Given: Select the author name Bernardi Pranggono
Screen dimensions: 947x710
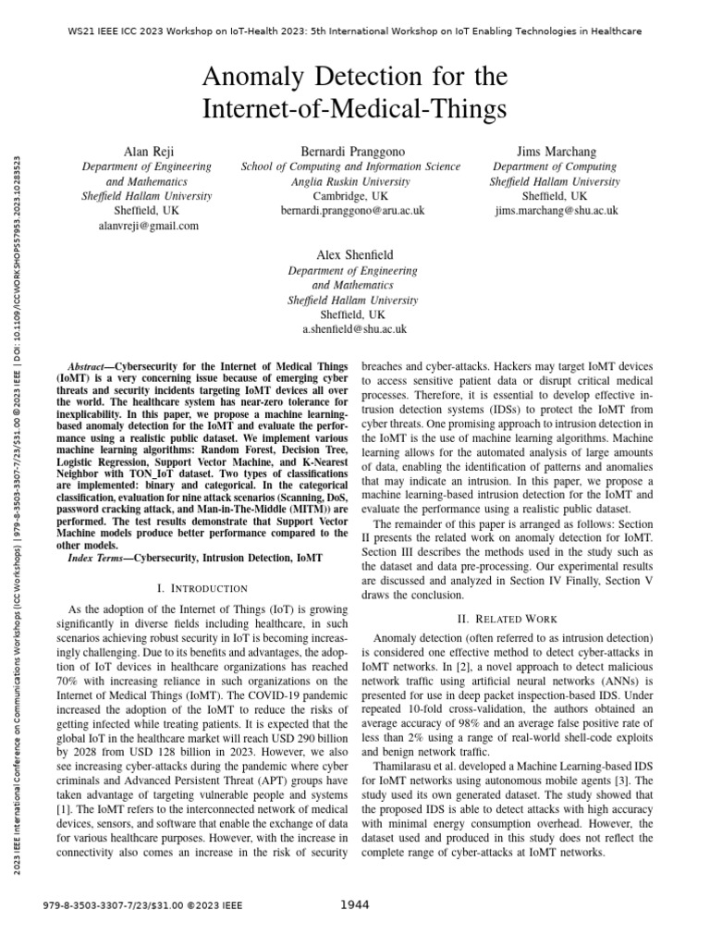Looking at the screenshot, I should [351, 150].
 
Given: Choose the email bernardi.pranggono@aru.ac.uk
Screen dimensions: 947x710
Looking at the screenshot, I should [351, 211].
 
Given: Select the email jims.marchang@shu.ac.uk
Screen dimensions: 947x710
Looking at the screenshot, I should [555, 211].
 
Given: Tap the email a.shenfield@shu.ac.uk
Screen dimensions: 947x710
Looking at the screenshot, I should [354, 329].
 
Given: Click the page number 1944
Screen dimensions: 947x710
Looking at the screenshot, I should [355, 904].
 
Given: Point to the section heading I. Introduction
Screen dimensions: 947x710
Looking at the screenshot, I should [202, 588].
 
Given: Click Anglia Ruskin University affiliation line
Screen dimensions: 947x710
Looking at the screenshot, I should [351, 181].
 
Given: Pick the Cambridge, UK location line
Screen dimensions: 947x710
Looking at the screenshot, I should [351, 196].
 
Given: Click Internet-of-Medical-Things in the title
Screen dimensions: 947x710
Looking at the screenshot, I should [355, 109].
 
